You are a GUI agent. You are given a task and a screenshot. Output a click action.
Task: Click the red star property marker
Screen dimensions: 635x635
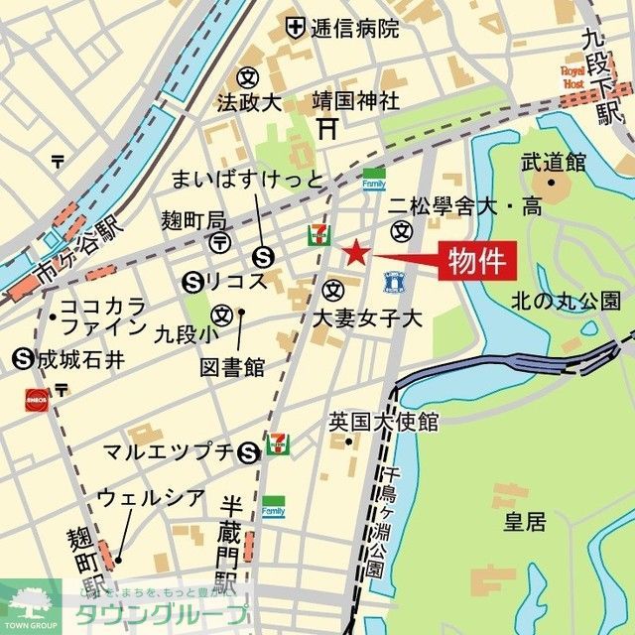click(x=356, y=253)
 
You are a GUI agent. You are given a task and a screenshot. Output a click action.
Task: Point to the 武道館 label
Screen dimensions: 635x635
click(x=553, y=161)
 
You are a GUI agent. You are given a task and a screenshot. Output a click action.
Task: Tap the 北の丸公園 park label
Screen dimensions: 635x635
click(x=566, y=300)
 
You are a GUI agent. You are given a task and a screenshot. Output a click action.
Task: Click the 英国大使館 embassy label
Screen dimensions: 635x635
click(x=383, y=422)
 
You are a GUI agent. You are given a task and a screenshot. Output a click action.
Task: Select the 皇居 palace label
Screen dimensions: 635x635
click(x=524, y=522)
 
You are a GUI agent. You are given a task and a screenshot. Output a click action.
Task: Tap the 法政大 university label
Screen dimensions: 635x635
click(x=250, y=102)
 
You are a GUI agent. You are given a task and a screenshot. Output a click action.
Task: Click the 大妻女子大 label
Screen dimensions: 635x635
click(x=367, y=318)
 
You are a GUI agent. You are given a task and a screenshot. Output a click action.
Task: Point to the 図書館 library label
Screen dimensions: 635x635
click(x=232, y=368)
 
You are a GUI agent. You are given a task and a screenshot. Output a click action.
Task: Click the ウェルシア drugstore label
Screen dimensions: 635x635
click(x=151, y=498)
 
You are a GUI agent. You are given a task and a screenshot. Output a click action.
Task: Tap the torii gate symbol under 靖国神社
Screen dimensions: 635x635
click(x=328, y=128)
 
